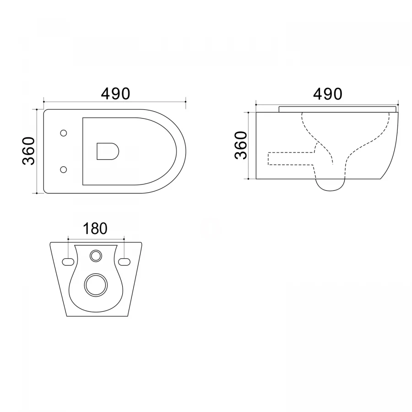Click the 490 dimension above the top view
[116, 94]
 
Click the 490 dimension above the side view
[328, 94]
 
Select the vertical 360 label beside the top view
[29, 151]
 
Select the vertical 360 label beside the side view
[241, 146]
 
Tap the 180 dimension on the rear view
[95, 228]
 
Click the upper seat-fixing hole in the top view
[63, 133]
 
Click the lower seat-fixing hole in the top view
[63, 169]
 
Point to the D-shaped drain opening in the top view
[108, 152]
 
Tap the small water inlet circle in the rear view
[96, 255]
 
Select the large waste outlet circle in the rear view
[96, 285]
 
